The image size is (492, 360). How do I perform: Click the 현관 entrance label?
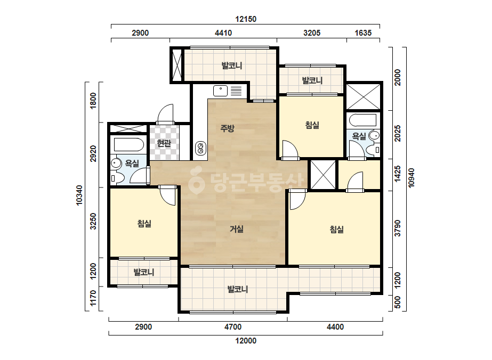coord(164,143)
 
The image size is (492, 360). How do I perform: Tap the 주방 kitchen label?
coord(227,128)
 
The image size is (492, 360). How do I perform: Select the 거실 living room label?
coord(237,229)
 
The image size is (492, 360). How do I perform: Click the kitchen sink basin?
coord(221,91)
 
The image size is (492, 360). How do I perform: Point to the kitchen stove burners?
coord(200,149)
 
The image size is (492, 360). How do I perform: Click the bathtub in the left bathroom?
coord(129,145)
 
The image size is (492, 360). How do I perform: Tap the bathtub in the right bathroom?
coord(362,120)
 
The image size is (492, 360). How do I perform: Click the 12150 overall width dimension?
coord(246,19)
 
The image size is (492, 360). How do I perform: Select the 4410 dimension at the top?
coord(223,33)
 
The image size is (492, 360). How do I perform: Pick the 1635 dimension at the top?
coord(363,33)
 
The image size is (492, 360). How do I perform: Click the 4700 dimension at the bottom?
coord(233,327)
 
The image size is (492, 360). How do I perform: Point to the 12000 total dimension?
coord(246,341)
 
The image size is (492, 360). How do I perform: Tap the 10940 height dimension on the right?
coord(412,178)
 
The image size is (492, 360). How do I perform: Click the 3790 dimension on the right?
coord(398,228)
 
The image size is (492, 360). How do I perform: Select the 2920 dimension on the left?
coord(93,154)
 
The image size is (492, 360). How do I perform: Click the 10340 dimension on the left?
coord(79,195)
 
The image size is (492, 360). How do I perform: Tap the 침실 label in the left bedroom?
coord(144,224)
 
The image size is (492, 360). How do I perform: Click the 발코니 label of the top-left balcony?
coord(232,66)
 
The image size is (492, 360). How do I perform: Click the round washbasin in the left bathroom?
coord(116,163)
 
